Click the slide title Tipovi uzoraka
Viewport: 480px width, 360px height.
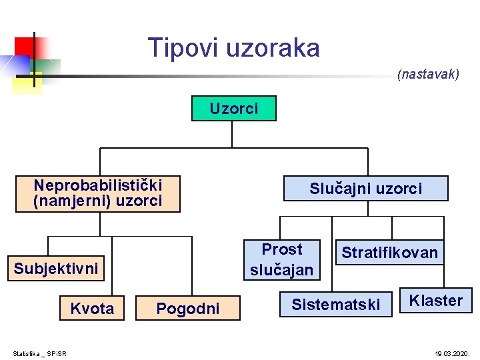[x=233, y=48]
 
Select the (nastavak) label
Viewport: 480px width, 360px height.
[x=428, y=74]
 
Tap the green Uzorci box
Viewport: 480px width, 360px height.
[x=233, y=109]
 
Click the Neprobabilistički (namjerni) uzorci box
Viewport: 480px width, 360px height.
[x=98, y=193]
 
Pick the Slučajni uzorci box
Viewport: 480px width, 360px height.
[x=365, y=189]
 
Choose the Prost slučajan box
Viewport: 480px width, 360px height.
[x=281, y=259]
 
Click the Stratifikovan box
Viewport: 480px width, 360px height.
[x=389, y=253]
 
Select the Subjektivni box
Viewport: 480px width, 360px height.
[x=56, y=269]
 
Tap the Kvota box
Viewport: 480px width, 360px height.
[x=92, y=308]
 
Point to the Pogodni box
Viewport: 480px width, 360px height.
[x=187, y=308]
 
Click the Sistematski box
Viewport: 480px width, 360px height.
[x=335, y=305]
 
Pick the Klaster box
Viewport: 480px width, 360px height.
[x=435, y=301]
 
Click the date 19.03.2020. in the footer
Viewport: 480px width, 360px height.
[x=453, y=353]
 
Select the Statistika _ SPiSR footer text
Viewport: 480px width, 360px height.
[x=44, y=353]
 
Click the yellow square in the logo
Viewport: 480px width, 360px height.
[x=27, y=83]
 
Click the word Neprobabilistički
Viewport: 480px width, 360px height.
[x=98, y=185]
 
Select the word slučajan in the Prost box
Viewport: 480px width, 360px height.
[x=281, y=269]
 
